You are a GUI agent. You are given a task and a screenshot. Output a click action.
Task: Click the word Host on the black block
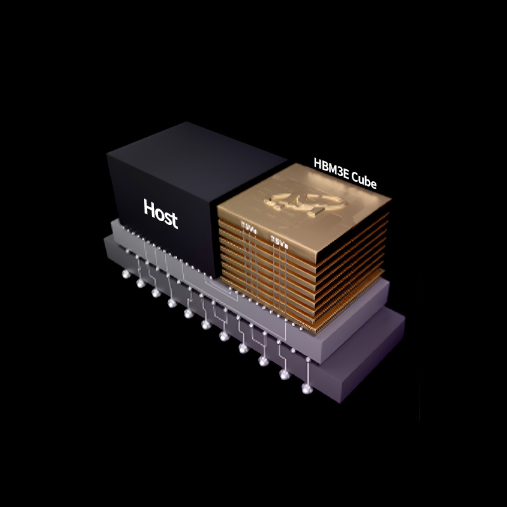tap(160, 212)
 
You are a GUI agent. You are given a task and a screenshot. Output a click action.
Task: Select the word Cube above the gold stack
tap(364, 179)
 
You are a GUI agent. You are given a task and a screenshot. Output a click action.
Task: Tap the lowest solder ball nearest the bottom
tap(307, 388)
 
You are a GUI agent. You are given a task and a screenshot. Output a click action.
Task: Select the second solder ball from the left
tap(140, 283)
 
